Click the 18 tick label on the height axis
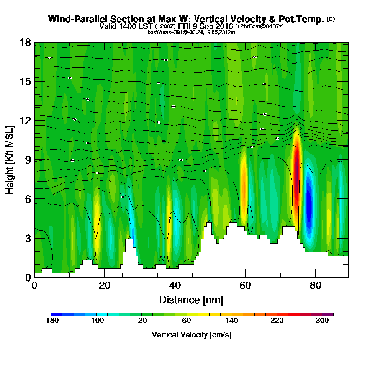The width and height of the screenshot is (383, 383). point(25,42)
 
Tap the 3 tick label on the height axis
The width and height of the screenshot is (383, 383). point(28,238)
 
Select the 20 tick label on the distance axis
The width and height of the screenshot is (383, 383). point(105,286)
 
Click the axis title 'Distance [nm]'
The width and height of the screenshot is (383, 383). point(191,300)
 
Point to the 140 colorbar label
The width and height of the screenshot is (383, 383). point(232,321)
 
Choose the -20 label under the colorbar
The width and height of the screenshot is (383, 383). point(141,321)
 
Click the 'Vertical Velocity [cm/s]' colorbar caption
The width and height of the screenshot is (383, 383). point(191,335)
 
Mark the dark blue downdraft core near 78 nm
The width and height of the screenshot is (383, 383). point(309,207)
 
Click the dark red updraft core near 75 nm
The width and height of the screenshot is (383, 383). point(296,172)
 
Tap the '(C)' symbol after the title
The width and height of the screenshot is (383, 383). point(331,19)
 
